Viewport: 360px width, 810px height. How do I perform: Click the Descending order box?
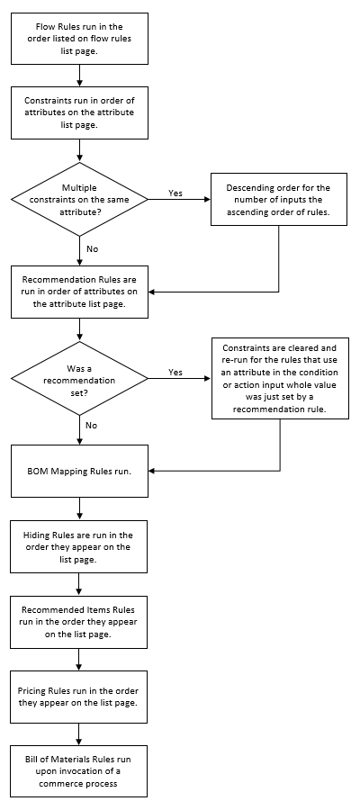pyautogui.click(x=279, y=198)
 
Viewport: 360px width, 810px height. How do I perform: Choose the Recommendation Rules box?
pyautogui.click(x=79, y=291)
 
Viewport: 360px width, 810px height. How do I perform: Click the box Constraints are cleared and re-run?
pyautogui.click(x=279, y=378)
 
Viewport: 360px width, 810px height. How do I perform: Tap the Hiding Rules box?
pyautogui.click(x=79, y=547)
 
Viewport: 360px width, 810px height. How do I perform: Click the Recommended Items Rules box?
pyautogui.click(x=79, y=622)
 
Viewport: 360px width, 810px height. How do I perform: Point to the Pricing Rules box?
pyautogui.click(x=79, y=696)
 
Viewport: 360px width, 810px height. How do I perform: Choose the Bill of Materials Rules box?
pyautogui.click(x=79, y=770)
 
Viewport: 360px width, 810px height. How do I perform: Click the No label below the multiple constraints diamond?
pyautogui.click(x=92, y=247)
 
